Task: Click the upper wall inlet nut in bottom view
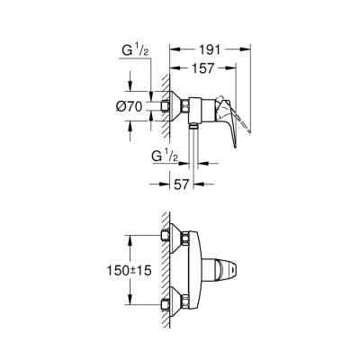(166, 236)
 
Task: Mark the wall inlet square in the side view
(166, 108)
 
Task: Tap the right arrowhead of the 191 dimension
(247, 51)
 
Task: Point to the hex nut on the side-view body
(187, 108)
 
